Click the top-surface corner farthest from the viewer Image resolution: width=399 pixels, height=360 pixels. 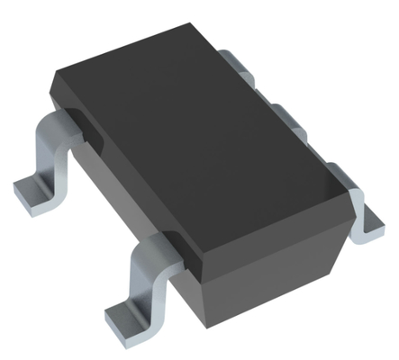204,31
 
